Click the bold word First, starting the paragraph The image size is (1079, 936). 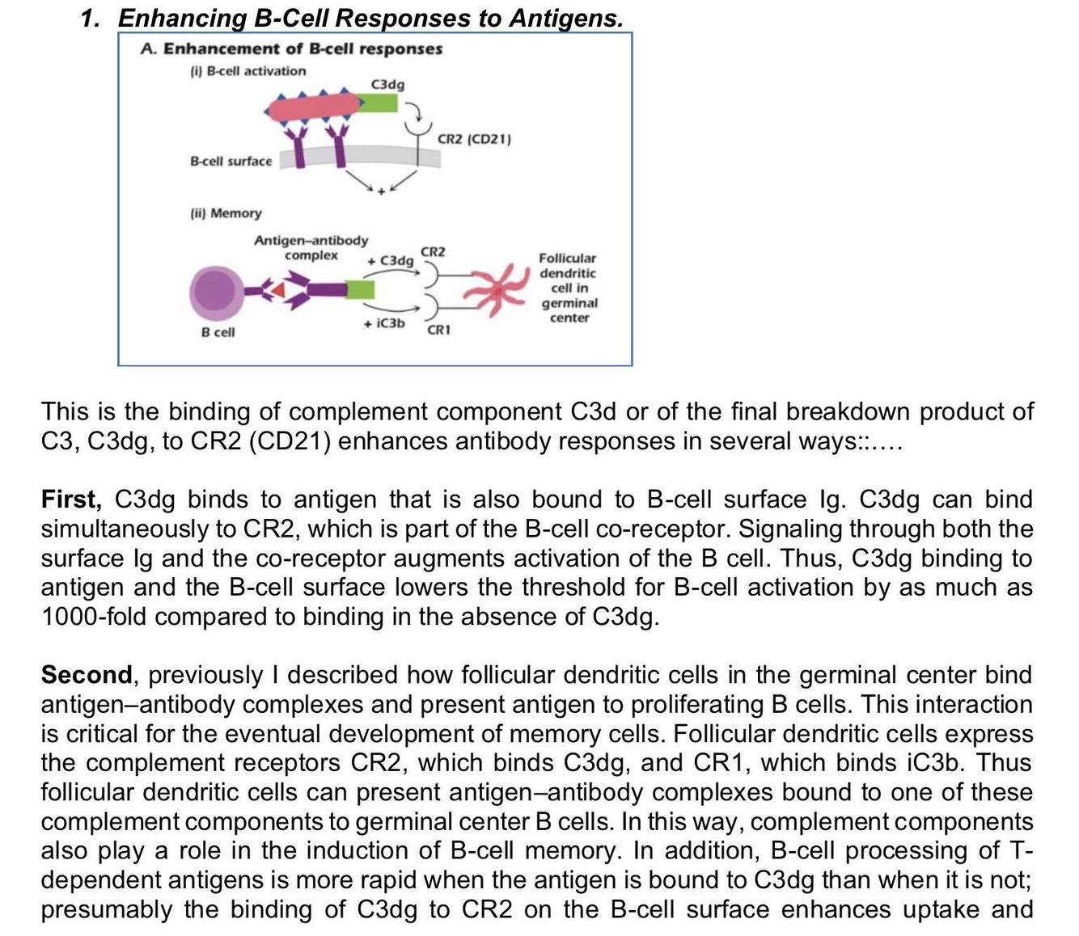click(x=71, y=500)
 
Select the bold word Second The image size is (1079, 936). click(x=87, y=675)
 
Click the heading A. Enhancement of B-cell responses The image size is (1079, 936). click(x=291, y=49)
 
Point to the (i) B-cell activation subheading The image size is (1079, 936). click(x=248, y=71)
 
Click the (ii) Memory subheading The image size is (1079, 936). click(x=226, y=213)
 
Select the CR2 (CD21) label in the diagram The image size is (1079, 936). click(x=474, y=139)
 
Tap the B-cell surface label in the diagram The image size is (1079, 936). click(x=231, y=162)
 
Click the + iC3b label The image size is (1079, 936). click(x=383, y=323)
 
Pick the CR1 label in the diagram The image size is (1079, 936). click(x=438, y=330)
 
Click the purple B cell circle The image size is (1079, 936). click(x=214, y=291)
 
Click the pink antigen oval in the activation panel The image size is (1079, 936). click(x=312, y=107)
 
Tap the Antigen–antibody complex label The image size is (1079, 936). click(x=311, y=247)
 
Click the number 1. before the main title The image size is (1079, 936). click(x=91, y=18)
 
